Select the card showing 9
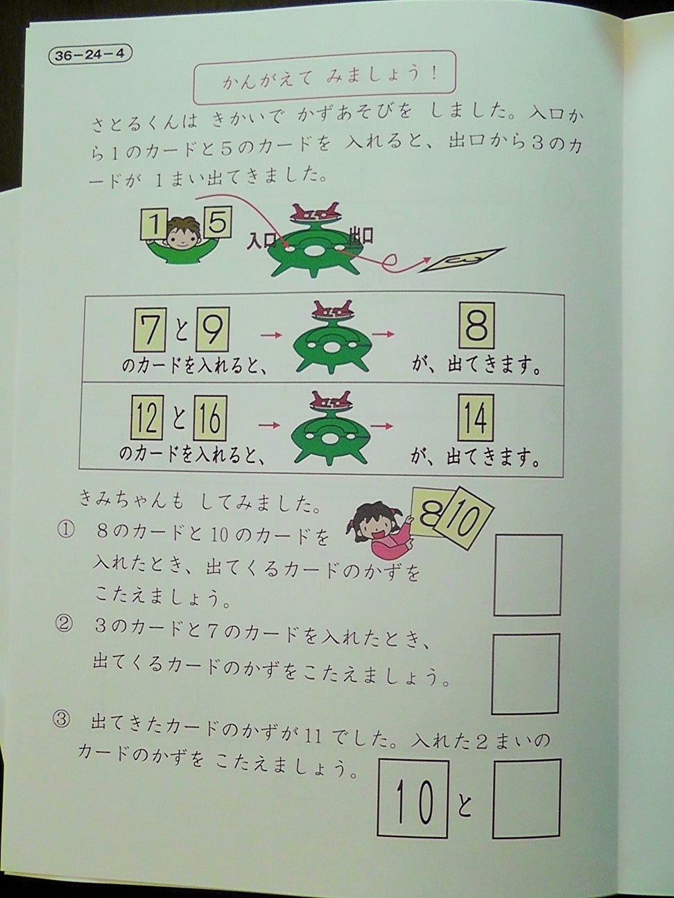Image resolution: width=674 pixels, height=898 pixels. pos(211,333)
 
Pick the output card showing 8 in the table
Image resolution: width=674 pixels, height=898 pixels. pos(476,326)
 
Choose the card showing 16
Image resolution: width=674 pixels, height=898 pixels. pos(209,418)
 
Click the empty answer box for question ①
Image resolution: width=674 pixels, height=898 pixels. pos(527,574)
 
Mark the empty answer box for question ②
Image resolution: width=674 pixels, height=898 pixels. pos(525,673)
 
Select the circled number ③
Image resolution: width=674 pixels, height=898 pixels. pos(62,721)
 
